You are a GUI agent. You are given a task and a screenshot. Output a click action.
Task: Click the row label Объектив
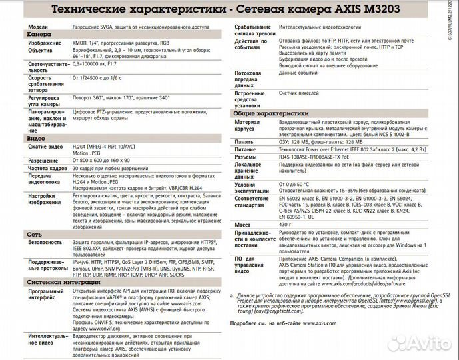pyautogui.click(x=40, y=50)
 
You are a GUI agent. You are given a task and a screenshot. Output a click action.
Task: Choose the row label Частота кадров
pyautogui.click(x=47, y=169)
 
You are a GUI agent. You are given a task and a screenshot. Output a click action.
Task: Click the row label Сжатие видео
pyautogui.click(x=45, y=146)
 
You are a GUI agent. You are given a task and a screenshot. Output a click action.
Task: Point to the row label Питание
pyautogui.click(x=245, y=150)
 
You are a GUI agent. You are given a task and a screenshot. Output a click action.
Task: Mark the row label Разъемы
pyautogui.click(x=246, y=157)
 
